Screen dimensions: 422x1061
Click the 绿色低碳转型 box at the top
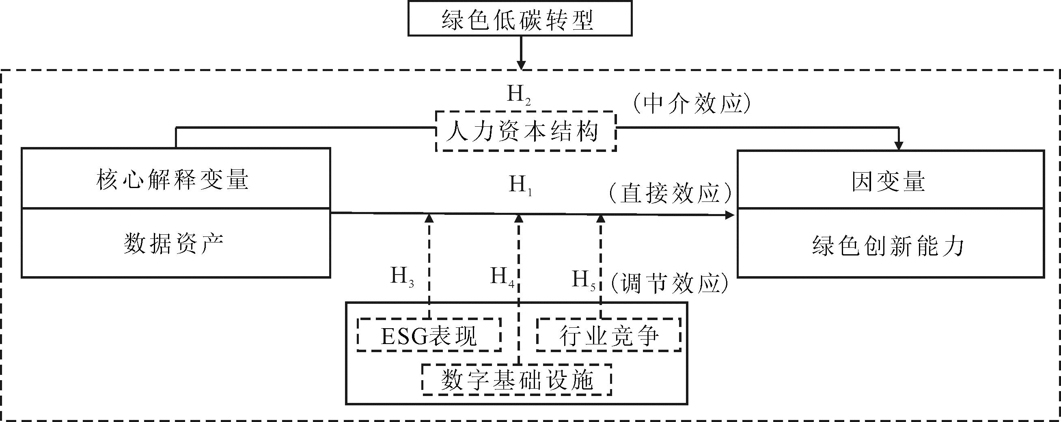click(x=520, y=19)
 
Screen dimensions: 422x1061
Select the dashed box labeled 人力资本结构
click(x=526, y=132)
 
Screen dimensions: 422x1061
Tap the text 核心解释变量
click(x=173, y=180)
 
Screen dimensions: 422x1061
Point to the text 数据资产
click(x=173, y=244)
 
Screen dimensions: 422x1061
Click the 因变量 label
click(x=888, y=181)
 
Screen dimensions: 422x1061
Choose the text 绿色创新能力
click(x=888, y=246)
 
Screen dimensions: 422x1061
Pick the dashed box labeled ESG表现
click(x=429, y=335)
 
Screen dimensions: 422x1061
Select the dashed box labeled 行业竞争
click(x=608, y=335)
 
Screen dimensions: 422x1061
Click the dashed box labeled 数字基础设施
click(x=516, y=379)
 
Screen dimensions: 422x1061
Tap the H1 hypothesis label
click(x=520, y=185)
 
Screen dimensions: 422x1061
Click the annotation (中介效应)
click(x=692, y=103)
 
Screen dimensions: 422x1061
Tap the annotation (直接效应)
click(x=670, y=193)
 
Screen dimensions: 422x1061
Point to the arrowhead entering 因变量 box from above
click(x=899, y=146)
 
